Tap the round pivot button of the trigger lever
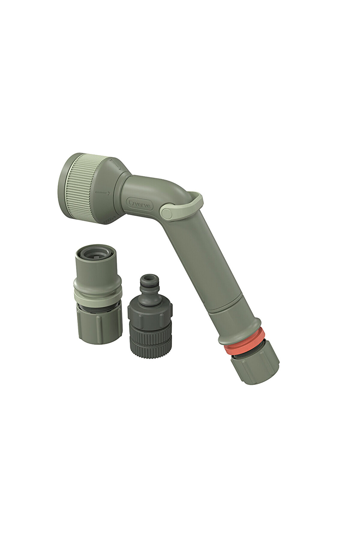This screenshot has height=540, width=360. (x=166, y=213)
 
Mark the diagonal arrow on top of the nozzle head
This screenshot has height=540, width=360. (x=115, y=164)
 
